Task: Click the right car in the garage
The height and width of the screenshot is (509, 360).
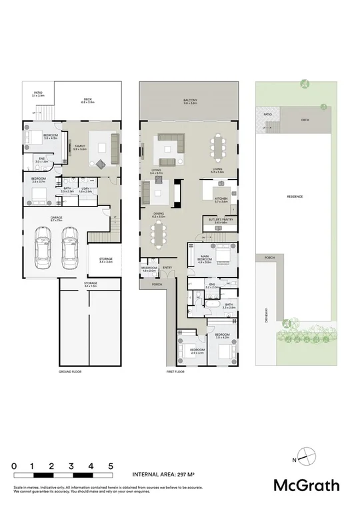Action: pos(69,249)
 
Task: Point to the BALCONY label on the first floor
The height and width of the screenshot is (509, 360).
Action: pos(191,101)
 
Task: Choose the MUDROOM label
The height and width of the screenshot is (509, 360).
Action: pos(149,268)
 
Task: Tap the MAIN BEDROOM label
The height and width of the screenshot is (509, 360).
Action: pos(205,259)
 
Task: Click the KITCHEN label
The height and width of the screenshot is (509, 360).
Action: pos(221,199)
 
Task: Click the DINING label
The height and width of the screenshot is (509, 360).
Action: pos(158,214)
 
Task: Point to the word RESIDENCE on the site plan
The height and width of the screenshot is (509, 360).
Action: pos(295,197)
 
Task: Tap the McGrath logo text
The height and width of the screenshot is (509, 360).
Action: pos(307,485)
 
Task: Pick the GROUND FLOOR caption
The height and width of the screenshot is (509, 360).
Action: pos(69,372)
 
